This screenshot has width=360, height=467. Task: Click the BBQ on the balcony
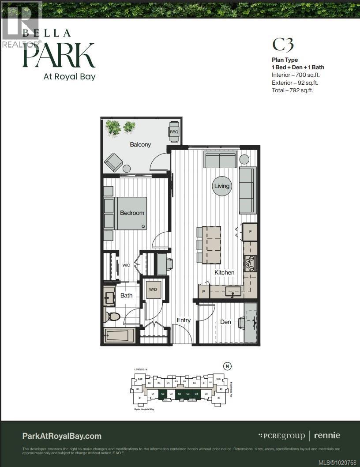(174, 132)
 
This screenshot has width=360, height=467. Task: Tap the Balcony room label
(140, 144)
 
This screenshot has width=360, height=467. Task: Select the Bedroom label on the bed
(132, 213)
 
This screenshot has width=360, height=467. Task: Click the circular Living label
(222, 186)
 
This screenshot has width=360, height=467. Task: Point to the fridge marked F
(250, 232)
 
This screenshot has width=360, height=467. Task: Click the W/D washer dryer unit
(153, 290)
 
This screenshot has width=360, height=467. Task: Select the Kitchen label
(224, 272)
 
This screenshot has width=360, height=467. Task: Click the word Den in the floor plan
(225, 322)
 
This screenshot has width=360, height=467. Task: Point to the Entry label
(184, 320)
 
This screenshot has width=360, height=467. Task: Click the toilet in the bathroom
(113, 316)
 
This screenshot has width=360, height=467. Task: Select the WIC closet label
(126, 265)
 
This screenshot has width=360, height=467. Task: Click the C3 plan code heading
(283, 45)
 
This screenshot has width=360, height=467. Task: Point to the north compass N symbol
(227, 366)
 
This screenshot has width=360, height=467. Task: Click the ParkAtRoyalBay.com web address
(62, 436)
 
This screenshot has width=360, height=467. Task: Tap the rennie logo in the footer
(327, 435)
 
